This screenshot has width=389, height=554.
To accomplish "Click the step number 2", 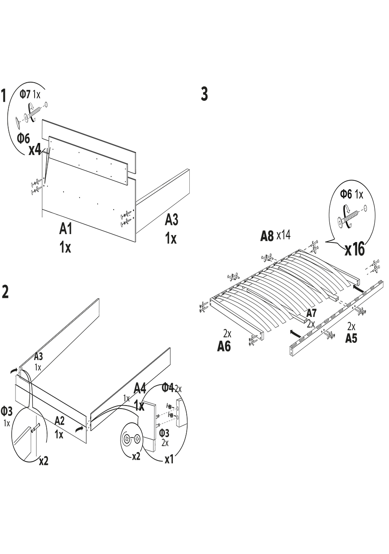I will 5,292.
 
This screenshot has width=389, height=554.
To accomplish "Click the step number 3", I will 204,94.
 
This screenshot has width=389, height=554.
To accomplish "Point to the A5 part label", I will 351,338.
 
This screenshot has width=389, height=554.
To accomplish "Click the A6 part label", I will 224,346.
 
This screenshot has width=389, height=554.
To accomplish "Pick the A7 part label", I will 311,313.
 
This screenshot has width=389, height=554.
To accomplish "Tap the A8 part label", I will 267,236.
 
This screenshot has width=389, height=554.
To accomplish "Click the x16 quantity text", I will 354,250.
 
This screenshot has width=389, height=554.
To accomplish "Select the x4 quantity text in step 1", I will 35,150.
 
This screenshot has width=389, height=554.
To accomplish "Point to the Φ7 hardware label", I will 25,93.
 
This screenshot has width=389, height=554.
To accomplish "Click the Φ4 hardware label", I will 168,387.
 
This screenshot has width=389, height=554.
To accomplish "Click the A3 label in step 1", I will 172,220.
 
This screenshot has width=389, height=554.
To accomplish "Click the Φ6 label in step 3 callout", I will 346,194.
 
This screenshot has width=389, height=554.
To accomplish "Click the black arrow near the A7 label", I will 295,333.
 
